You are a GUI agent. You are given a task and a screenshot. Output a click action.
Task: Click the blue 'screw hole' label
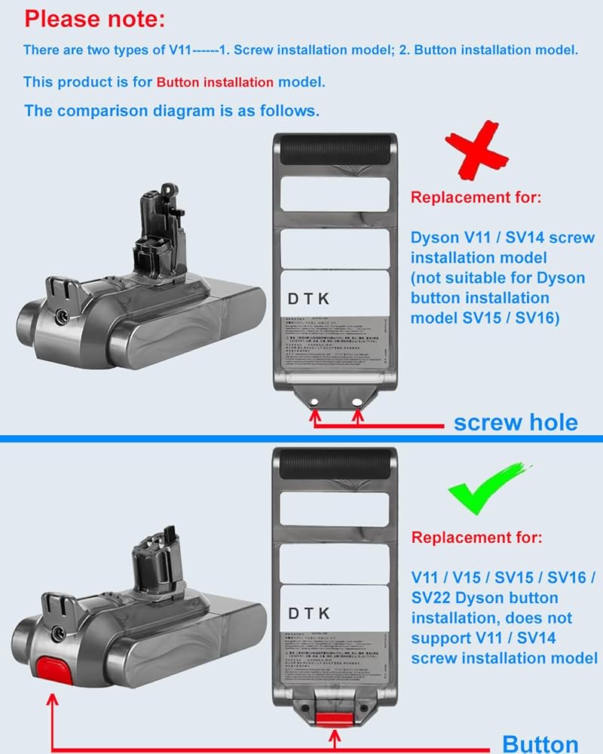pyautogui.click(x=516, y=421)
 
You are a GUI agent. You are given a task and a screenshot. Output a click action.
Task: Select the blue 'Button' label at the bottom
pyautogui.click(x=540, y=743)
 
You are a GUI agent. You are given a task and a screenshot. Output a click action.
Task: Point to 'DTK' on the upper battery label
pyautogui.click(x=309, y=299)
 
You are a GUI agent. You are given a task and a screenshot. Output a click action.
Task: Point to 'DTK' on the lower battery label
pyautogui.click(x=309, y=614)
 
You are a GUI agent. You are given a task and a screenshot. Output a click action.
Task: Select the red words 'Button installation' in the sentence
pyautogui.click(x=215, y=82)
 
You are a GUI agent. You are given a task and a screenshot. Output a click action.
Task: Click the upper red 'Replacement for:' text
pyautogui.click(x=476, y=198)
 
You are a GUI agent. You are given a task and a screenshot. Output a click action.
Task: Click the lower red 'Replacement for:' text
pyautogui.click(x=476, y=538)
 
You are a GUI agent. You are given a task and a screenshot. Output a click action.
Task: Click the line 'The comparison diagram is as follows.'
pyautogui.click(x=172, y=110)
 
